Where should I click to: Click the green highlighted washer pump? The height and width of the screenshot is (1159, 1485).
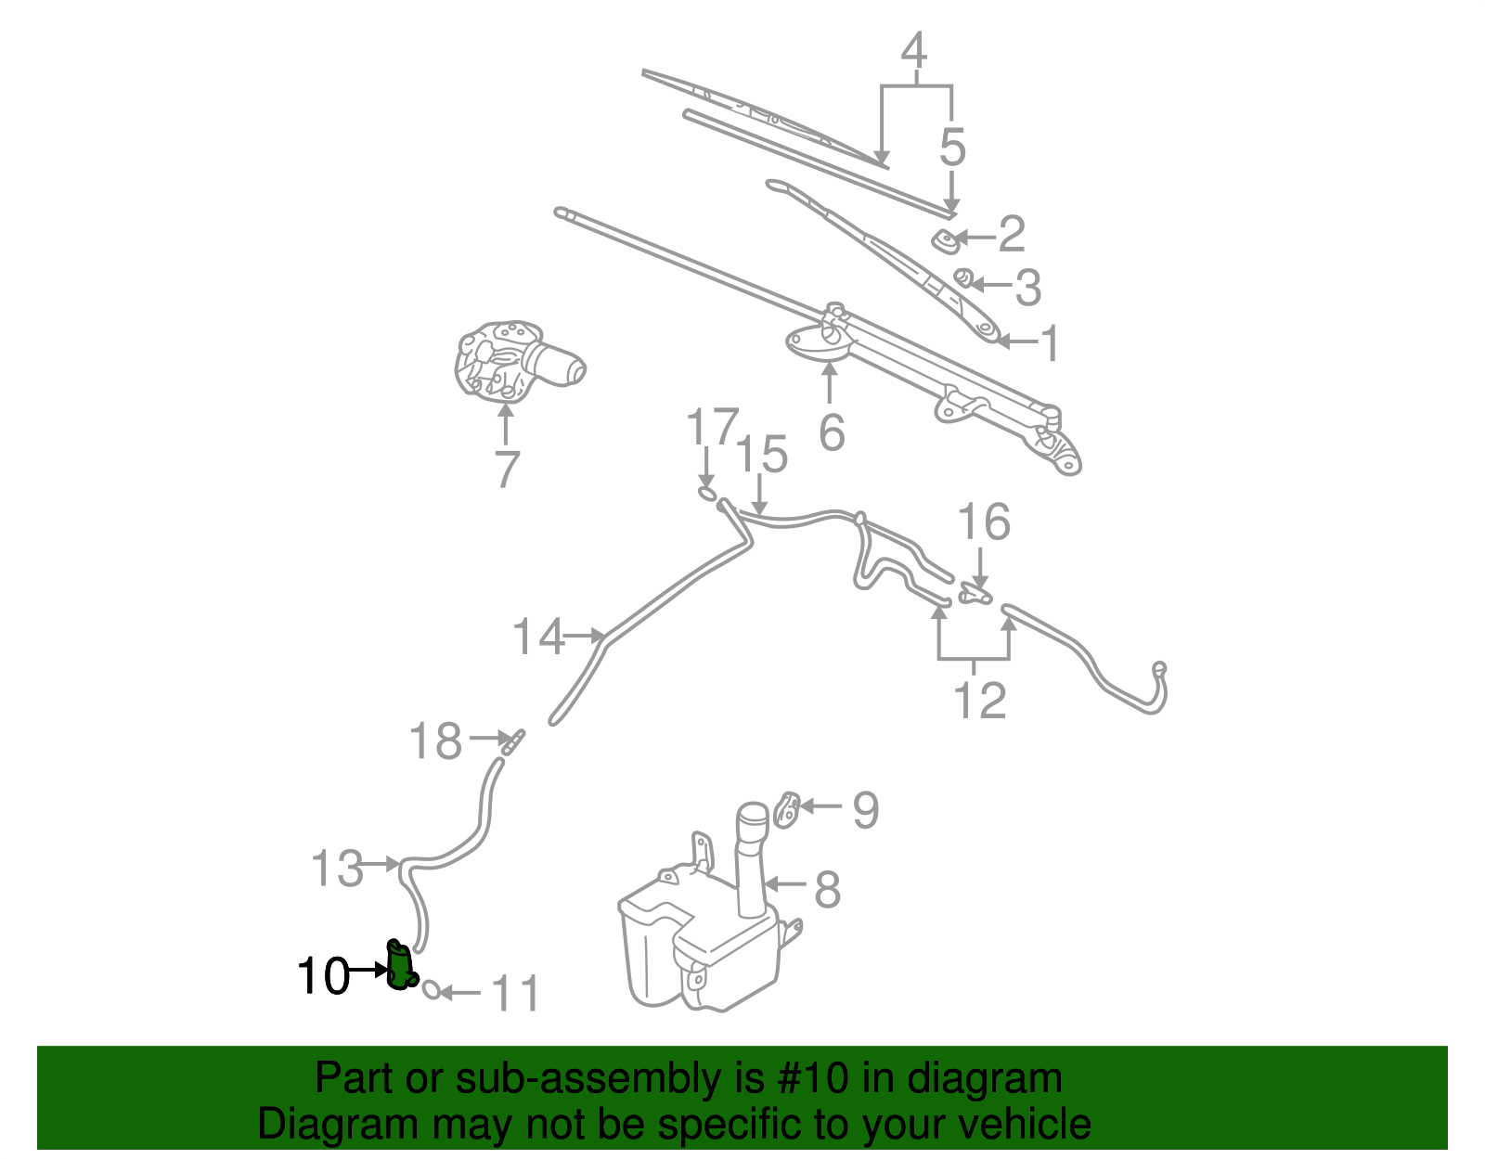400,966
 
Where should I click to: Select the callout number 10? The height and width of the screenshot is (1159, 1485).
322,977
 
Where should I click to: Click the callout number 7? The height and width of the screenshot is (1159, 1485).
506,470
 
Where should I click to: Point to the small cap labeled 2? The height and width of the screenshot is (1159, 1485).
946,240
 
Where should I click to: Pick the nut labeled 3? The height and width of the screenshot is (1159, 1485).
963,277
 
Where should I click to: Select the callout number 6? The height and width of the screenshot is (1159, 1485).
832,433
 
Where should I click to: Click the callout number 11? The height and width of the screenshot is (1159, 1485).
514,995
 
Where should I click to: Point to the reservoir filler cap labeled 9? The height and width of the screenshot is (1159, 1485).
787,810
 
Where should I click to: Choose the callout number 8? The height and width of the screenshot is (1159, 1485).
827,889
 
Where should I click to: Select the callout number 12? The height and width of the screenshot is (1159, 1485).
979,701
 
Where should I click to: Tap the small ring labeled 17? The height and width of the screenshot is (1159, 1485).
707,493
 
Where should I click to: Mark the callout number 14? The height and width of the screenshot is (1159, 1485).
538,637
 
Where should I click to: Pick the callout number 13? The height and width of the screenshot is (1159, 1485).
337,869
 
